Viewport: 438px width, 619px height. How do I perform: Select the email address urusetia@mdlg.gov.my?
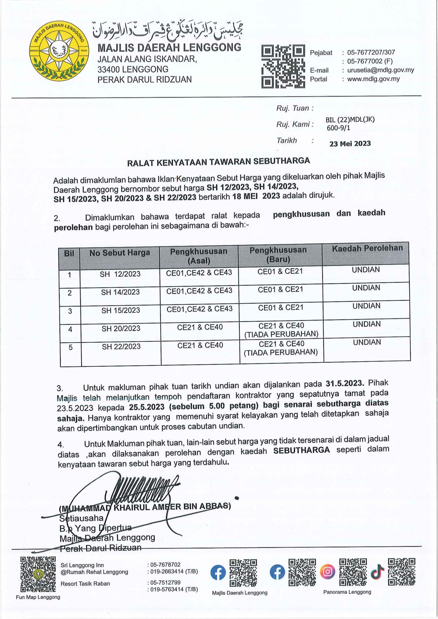click(380, 70)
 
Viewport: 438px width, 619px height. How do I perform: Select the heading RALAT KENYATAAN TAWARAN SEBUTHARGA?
click(218, 162)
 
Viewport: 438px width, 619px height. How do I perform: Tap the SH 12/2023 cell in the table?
click(120, 274)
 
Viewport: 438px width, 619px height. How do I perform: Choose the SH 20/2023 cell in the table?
click(121, 328)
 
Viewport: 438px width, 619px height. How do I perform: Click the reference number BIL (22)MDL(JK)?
click(350, 119)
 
